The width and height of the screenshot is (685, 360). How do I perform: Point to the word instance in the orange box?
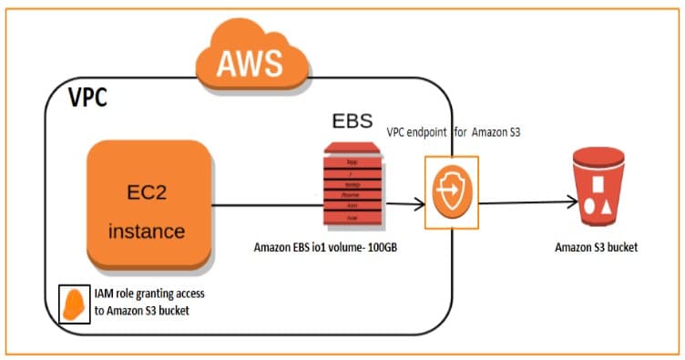147,231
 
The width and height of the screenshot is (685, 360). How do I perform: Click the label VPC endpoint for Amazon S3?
452,133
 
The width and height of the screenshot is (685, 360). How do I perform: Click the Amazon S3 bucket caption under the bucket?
597,247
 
